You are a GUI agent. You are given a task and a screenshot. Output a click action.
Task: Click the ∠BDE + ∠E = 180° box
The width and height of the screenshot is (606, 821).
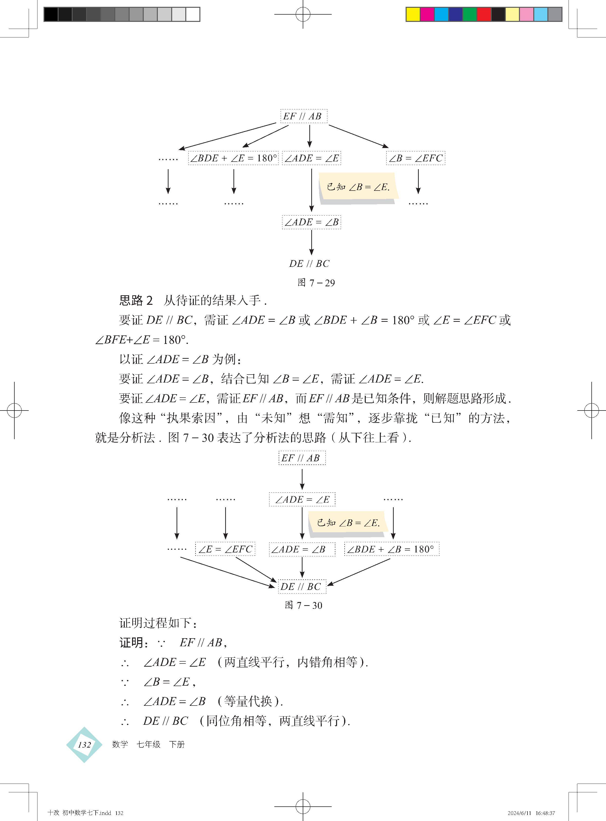point(233,158)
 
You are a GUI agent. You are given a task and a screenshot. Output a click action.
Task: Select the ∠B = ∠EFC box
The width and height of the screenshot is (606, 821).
point(415,158)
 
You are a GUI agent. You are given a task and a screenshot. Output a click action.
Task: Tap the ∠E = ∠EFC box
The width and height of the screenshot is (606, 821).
point(225,549)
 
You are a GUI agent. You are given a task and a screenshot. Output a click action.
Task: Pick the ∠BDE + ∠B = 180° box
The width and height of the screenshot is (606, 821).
point(392,549)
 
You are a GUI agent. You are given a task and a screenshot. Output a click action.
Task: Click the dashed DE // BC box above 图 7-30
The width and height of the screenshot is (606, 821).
point(302,586)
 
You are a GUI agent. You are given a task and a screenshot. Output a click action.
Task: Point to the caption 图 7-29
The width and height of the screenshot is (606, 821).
point(316,283)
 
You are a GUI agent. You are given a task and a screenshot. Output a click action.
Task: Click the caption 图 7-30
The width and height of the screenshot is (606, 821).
point(303,605)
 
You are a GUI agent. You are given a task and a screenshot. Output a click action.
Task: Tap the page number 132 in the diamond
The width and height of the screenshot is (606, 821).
point(84,745)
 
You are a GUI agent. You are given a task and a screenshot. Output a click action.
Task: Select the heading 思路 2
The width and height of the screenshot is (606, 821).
point(136,301)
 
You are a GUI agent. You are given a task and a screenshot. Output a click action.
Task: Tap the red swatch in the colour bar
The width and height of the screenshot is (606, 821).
point(484,14)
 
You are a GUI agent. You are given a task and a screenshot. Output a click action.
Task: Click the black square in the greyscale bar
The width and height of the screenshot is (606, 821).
point(51,14)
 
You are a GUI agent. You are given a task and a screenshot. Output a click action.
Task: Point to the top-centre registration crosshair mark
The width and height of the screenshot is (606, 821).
point(303,14)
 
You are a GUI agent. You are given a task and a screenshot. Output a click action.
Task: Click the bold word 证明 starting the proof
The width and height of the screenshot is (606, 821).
point(131,643)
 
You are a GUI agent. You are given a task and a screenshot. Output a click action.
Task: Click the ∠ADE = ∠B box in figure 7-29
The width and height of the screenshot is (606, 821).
point(312,222)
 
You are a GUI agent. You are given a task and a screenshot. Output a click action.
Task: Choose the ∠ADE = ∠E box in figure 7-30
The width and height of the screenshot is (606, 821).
point(302,499)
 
